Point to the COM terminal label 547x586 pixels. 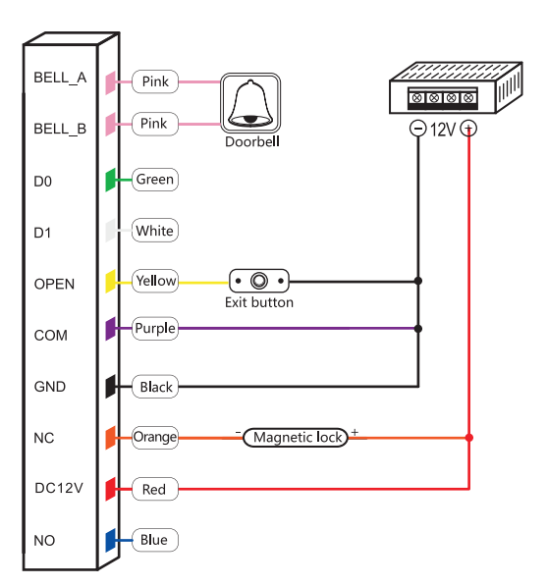click(x=50, y=336)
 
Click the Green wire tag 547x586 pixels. click(x=154, y=180)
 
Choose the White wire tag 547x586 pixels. click(x=154, y=232)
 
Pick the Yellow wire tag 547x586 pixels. click(x=155, y=282)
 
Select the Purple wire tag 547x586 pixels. click(x=155, y=329)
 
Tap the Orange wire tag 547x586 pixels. click(x=155, y=438)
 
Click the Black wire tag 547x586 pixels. click(x=155, y=387)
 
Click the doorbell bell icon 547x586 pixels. click(x=249, y=102)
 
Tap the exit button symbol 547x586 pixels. click(x=259, y=282)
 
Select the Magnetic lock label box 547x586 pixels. click(x=296, y=438)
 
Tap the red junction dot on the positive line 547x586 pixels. click(x=469, y=438)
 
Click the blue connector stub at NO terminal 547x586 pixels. click(x=112, y=540)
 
